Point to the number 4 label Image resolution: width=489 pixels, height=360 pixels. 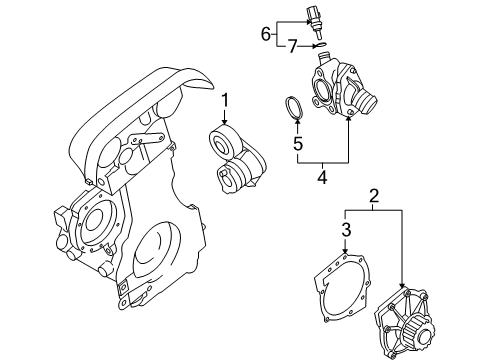click(322, 179)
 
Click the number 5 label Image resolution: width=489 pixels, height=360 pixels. click(297, 144)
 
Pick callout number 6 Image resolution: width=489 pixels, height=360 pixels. click(266, 33)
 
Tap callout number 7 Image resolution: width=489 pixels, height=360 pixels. click(291, 46)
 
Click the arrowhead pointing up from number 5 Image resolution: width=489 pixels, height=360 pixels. click(297, 125)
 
